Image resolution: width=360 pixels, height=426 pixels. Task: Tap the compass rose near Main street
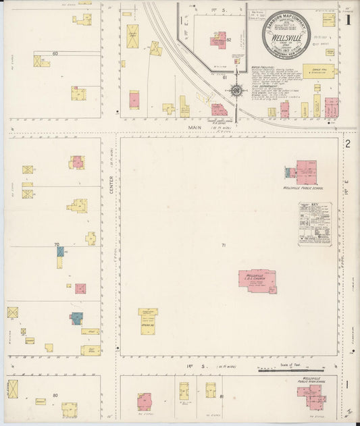tap(236, 89)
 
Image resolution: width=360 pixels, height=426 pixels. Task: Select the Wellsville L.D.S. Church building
tap(257, 280)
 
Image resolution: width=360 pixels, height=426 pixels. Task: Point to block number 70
tap(57, 244)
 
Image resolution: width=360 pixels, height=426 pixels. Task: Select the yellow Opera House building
tap(148, 321)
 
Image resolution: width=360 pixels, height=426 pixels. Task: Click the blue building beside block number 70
tap(60, 251)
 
